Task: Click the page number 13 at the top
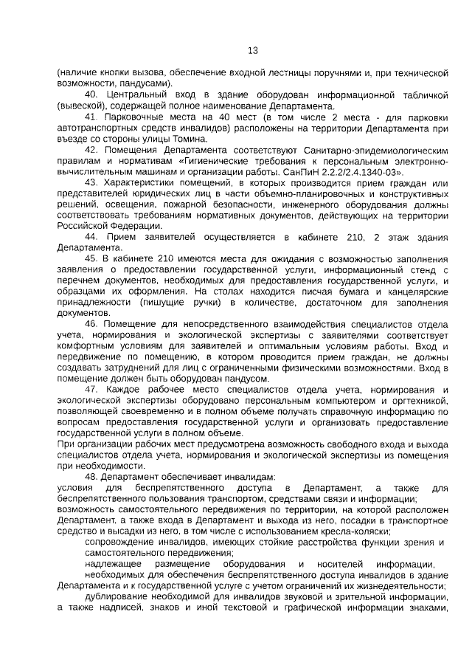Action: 252,51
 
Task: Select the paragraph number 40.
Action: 92,95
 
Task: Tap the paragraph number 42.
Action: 92,150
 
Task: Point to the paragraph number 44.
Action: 92,236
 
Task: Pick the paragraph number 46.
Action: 92,323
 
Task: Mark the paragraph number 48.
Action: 92,476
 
